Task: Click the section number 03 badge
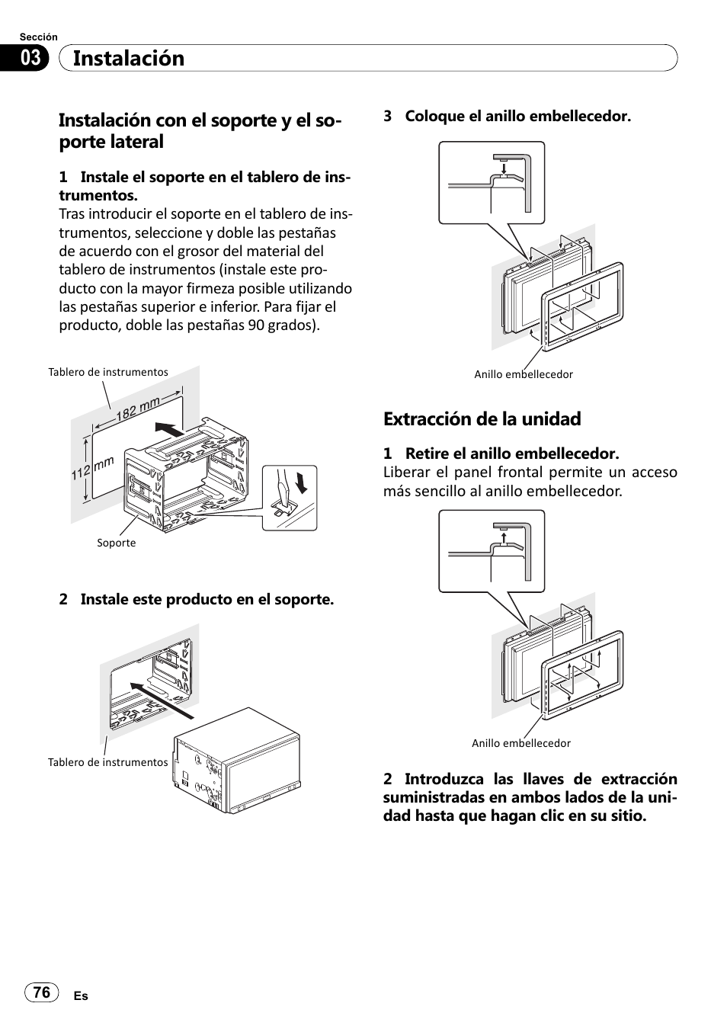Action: point(30,58)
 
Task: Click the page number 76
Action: point(42,992)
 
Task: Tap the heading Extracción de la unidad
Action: point(482,418)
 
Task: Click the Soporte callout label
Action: point(116,543)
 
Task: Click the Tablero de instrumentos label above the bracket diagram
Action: point(108,372)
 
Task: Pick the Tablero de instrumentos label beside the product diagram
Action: point(107,762)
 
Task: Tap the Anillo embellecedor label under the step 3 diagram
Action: point(524,374)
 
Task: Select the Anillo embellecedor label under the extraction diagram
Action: point(520,743)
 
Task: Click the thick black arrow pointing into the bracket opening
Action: point(168,429)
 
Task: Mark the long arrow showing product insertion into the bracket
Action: point(161,700)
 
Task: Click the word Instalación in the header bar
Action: point(129,59)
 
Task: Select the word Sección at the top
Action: point(38,37)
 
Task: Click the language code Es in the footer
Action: point(81,996)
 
